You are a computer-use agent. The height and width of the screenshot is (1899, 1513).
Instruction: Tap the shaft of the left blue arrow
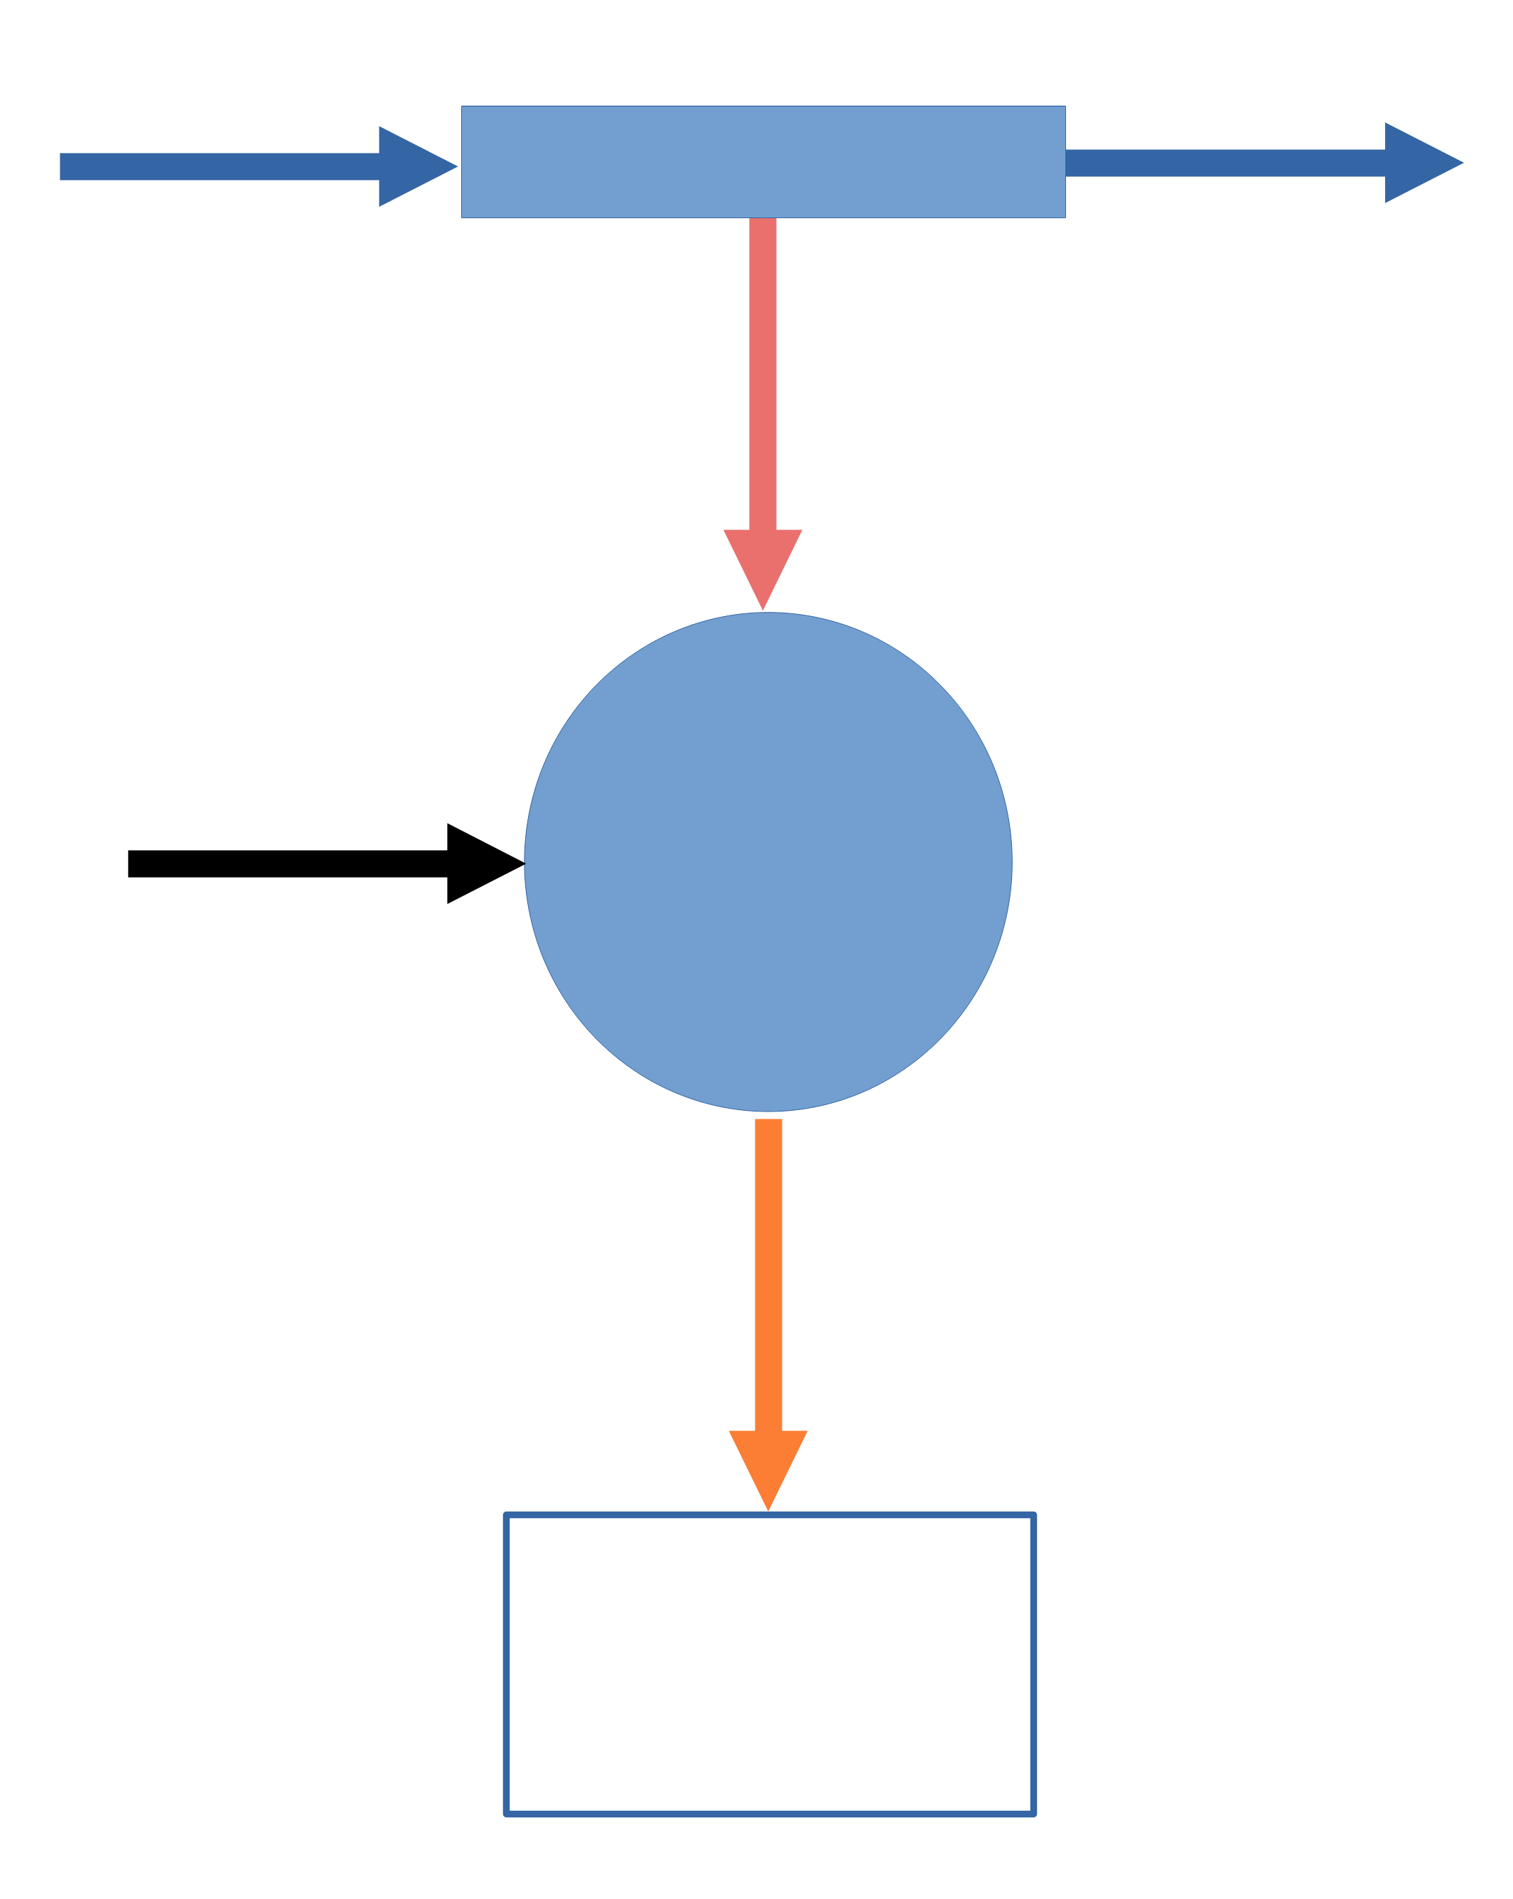click(220, 166)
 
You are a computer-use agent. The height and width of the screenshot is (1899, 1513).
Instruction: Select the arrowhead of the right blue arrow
click(1418, 163)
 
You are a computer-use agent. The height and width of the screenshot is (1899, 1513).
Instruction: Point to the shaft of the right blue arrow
click(1224, 163)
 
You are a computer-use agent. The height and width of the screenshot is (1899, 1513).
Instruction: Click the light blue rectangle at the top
click(763, 161)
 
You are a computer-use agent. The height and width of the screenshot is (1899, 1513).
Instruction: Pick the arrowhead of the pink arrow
click(763, 564)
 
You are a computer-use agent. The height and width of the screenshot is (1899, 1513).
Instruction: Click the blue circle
click(768, 861)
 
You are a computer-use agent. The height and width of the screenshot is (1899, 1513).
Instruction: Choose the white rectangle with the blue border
click(769, 1664)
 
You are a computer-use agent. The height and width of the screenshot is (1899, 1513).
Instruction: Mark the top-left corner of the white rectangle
click(507, 1516)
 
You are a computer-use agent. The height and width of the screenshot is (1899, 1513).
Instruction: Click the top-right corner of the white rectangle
click(1033, 1516)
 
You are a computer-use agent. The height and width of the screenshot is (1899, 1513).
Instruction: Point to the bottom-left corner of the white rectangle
click(507, 1814)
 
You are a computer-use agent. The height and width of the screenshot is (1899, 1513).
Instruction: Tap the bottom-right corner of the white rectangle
click(1033, 1814)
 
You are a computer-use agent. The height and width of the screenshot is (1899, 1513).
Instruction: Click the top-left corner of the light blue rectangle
click(463, 107)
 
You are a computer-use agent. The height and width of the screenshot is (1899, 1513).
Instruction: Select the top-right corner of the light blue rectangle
click(1065, 107)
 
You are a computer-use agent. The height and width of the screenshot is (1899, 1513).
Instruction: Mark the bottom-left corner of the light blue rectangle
click(463, 217)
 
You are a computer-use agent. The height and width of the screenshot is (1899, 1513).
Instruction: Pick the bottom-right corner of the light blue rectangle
click(1065, 217)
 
